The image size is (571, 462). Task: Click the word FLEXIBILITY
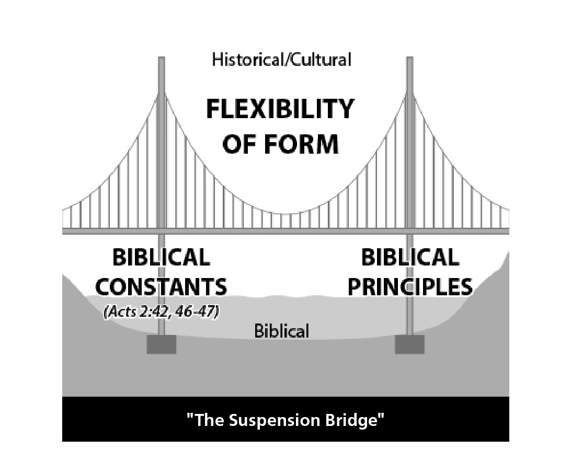click(x=280, y=110)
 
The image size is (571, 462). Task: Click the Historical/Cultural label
click(x=281, y=60)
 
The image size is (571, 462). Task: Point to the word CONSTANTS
click(x=162, y=287)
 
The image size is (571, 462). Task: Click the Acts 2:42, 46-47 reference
click(x=162, y=313)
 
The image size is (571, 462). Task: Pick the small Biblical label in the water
click(x=282, y=331)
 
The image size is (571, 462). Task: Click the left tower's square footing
click(x=162, y=344)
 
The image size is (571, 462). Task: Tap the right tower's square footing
click(x=409, y=344)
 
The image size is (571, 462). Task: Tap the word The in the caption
click(x=207, y=420)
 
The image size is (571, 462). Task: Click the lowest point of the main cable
click(x=285, y=214)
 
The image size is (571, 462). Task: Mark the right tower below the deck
click(x=409, y=314)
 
